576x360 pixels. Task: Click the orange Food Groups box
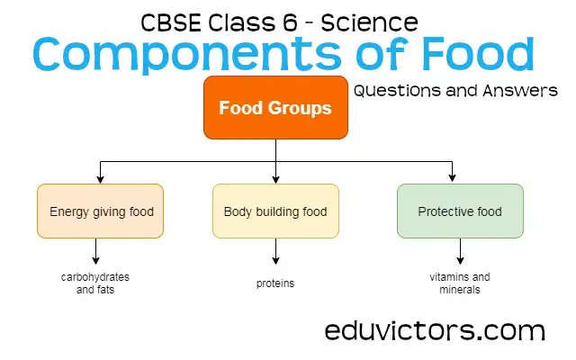point(275,107)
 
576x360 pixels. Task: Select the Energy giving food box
point(101,211)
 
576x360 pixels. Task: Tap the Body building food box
point(275,211)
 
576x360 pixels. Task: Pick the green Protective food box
point(459,211)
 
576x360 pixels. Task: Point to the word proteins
point(274,283)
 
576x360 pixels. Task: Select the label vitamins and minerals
point(459,283)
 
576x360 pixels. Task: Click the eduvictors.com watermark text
point(435,330)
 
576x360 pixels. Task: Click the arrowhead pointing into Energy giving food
point(100,178)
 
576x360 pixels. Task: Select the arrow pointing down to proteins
point(274,252)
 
